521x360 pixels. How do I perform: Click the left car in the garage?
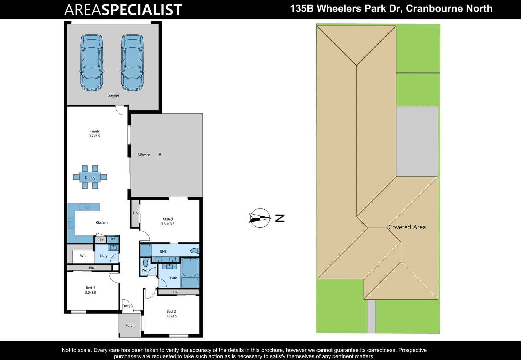[x=92, y=62]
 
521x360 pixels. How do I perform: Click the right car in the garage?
[x=132, y=62]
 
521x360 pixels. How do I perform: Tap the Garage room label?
[x=113, y=95]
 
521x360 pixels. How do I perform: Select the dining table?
[x=90, y=177]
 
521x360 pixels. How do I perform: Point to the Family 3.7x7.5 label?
[x=94, y=134]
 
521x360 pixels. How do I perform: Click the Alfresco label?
[x=144, y=155]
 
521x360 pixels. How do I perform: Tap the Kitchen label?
[x=102, y=223]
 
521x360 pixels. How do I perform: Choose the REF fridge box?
[x=113, y=239]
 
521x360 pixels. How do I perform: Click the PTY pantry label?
[x=100, y=240]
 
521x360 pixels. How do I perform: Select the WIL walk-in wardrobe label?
[x=83, y=256]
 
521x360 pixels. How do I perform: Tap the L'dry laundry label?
[x=104, y=256]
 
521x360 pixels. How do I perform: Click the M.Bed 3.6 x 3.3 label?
[x=168, y=222]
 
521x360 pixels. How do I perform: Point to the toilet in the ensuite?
[x=194, y=251]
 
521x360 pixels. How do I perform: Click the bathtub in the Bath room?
[x=190, y=267]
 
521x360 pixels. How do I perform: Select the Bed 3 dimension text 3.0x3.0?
[x=90, y=293]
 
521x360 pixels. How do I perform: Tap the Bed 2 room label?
[x=171, y=311]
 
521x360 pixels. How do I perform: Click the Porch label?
[x=130, y=326]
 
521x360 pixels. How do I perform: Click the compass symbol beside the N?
[x=260, y=218]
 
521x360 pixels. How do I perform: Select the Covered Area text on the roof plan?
[x=407, y=227]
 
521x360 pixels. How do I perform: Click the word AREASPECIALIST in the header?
[x=123, y=10]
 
